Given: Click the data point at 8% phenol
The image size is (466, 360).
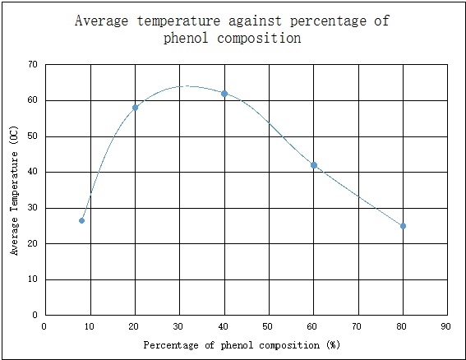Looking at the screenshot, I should [81, 220].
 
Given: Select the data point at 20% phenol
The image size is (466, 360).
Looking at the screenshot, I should [135, 108].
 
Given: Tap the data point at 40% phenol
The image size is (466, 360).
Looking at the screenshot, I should [224, 94].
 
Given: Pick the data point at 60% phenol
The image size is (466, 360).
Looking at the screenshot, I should [313, 165].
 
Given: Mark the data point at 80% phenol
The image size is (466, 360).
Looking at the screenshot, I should [403, 226].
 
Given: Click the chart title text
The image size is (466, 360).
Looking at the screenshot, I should [233, 29].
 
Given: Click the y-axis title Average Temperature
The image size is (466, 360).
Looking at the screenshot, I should [15, 190].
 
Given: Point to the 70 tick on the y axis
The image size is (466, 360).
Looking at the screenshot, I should [32, 64].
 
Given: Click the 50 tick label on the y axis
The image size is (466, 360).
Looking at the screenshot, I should [32, 136].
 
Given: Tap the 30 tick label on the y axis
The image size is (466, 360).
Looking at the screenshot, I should [32, 207].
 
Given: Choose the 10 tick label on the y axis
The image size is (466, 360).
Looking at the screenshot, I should [32, 279].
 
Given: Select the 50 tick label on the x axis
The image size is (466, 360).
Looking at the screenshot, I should [269, 325].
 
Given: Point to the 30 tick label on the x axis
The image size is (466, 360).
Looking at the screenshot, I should [179, 325].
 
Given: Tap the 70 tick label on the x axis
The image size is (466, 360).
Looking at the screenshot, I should [358, 325].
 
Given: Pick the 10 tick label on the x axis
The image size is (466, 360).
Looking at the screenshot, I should [90, 325].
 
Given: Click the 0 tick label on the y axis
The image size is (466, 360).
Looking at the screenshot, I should [35, 315].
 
